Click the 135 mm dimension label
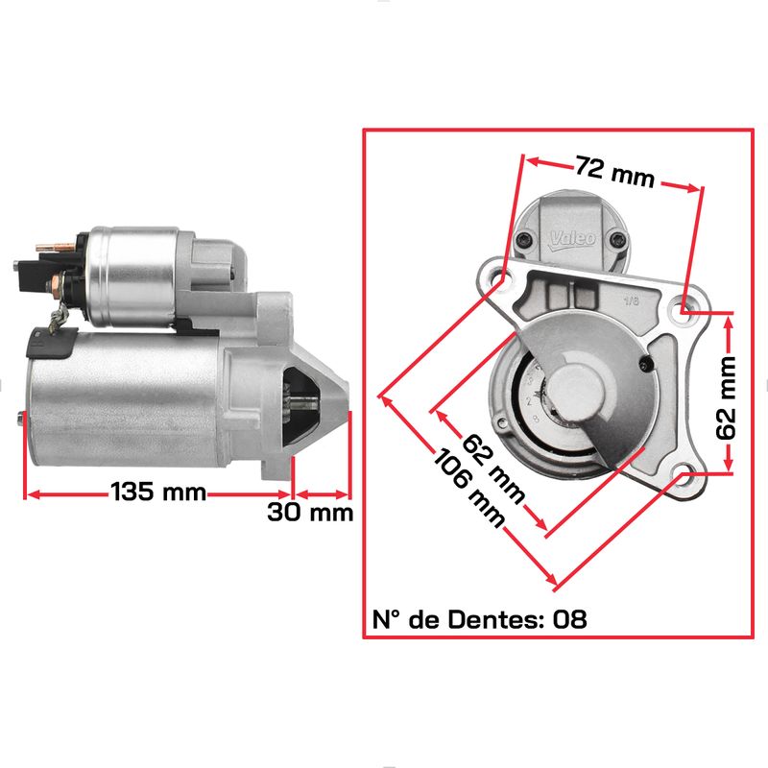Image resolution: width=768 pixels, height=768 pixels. point(158,492)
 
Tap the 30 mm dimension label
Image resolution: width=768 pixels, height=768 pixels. point(310,513)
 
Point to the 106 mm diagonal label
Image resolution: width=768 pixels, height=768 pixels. point(469,488)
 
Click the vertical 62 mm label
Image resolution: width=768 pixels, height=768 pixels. point(726,397)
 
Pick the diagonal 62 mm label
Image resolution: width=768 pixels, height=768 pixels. point(493,468)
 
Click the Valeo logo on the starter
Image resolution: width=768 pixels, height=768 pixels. point(572,239)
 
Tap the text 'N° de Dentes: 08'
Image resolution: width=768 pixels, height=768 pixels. point(479,619)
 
